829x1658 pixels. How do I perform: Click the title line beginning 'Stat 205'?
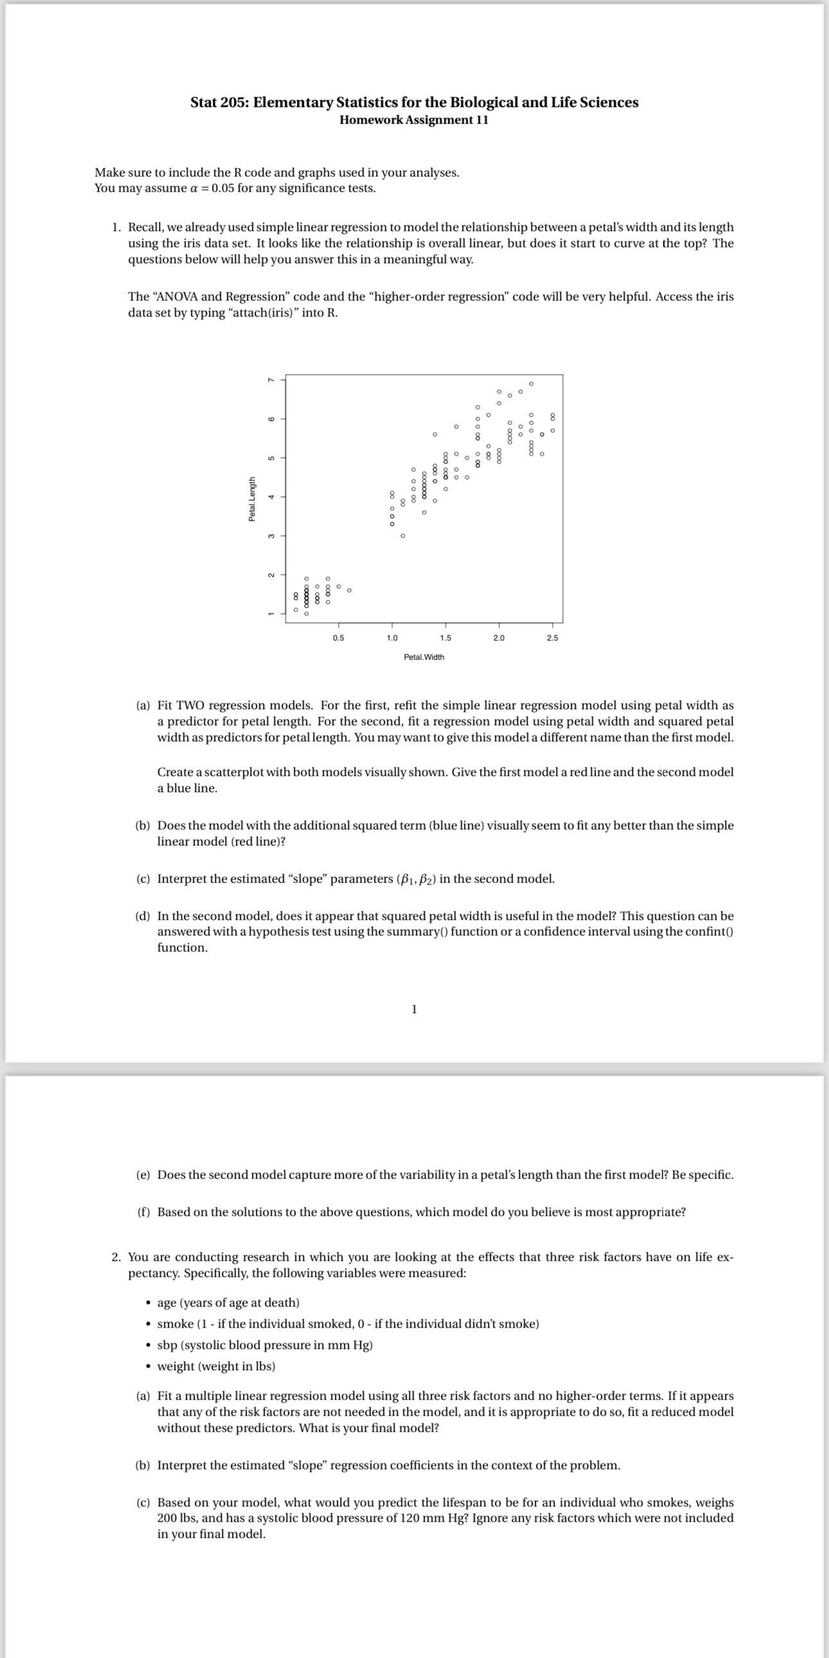click(x=414, y=102)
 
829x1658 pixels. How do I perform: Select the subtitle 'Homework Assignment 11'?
click(x=414, y=120)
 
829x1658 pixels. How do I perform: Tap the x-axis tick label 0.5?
click(x=338, y=638)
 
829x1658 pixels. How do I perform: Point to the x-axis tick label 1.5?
click(x=445, y=638)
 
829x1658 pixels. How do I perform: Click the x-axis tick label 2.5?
click(x=552, y=638)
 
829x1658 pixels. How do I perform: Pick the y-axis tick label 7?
click(x=271, y=380)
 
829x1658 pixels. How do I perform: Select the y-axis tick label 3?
click(x=271, y=535)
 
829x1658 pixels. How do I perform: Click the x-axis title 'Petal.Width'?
click(x=423, y=657)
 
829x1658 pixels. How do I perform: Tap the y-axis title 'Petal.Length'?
click(x=253, y=499)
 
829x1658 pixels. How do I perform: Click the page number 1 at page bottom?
click(x=414, y=1009)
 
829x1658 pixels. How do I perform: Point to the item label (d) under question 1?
click(x=143, y=916)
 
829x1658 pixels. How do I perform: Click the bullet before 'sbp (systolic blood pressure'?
click(x=148, y=1346)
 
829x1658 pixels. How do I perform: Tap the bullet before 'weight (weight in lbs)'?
click(x=148, y=1367)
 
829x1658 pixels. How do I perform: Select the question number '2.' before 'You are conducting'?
click(x=116, y=1257)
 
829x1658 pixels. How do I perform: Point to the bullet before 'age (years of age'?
click(x=148, y=1303)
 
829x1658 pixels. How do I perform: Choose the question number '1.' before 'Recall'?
click(x=116, y=227)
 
